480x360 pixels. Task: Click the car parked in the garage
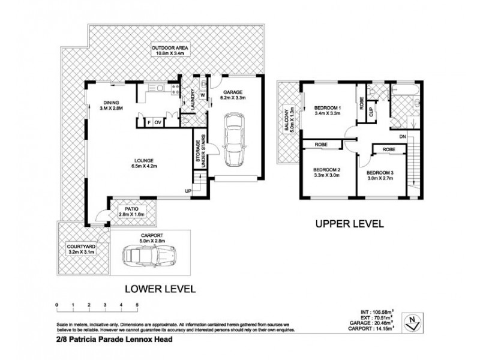233,140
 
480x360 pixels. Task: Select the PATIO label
131,209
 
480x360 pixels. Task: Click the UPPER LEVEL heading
349,225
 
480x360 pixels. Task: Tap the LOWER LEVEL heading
160,289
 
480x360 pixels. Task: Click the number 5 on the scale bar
137,305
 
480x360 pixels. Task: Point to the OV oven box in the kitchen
158,122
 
